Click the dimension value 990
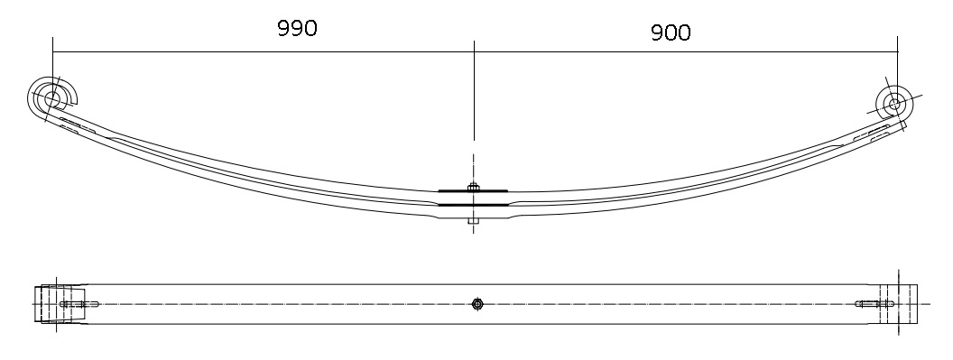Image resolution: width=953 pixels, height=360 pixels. tap(297, 28)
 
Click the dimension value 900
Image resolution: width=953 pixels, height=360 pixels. tap(671, 32)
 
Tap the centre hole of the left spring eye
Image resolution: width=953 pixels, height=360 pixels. tap(52, 98)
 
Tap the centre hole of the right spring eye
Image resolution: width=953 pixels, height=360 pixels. tap(894, 104)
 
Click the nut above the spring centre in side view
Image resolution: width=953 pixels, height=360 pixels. tap(474, 186)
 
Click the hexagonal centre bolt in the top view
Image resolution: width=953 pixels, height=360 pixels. tap(477, 304)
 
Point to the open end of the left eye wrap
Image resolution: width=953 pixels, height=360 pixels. tap(73, 101)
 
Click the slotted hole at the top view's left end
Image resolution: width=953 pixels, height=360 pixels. tap(79, 304)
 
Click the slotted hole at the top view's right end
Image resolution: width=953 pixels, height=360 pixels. tap(874, 304)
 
